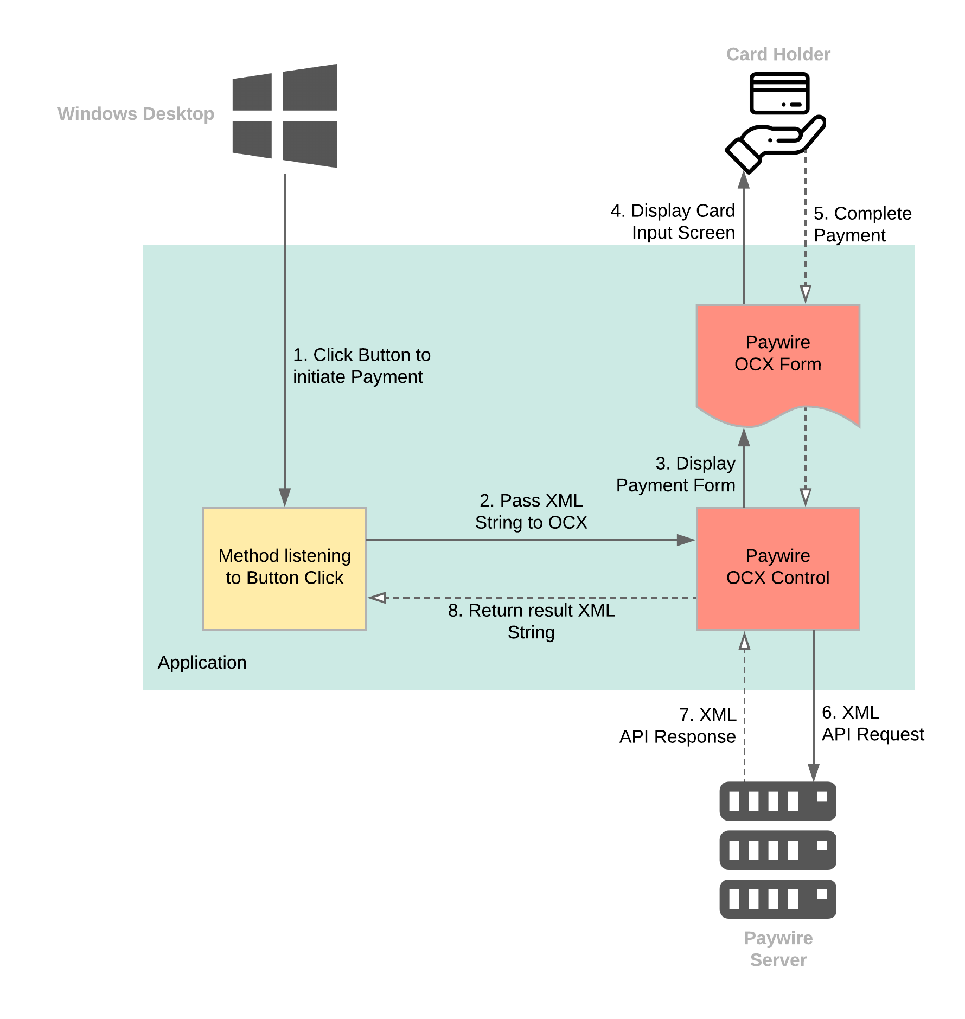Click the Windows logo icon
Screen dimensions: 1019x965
285,116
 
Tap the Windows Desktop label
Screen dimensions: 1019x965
136,114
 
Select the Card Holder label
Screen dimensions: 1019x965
778,54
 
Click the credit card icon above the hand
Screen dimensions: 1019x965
779,93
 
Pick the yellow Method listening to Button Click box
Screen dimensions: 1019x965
285,568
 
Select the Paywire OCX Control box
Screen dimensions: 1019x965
778,568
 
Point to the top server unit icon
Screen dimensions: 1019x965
777,800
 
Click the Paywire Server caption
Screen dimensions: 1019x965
778,948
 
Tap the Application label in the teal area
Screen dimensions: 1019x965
202,662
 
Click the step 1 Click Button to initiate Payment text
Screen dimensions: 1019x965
361,366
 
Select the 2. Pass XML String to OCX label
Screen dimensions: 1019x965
531,511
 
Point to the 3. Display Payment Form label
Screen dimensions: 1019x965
676,474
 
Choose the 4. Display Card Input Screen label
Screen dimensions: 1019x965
673,221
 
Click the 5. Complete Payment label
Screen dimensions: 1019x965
862,224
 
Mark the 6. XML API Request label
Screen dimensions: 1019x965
872,723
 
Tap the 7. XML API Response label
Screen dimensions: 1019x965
678,726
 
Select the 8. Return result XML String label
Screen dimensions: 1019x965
531,621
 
